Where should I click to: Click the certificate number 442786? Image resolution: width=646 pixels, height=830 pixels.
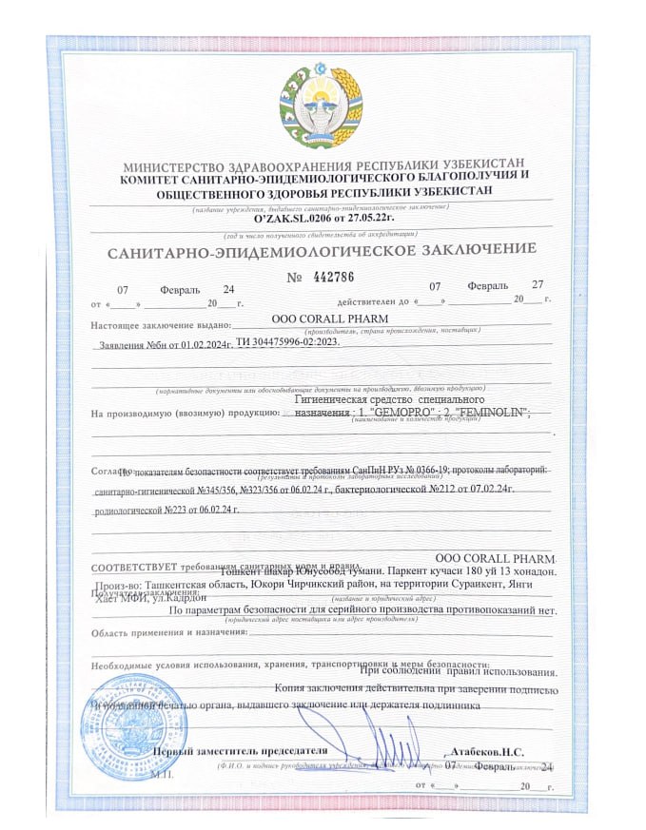pyautogui.click(x=333, y=278)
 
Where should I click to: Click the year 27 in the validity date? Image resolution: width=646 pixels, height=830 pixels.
pyautogui.click(x=537, y=285)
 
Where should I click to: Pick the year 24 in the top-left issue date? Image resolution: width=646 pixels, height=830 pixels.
pyautogui.click(x=227, y=288)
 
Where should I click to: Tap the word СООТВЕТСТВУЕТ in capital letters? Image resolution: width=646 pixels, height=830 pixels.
pyautogui.click(x=134, y=568)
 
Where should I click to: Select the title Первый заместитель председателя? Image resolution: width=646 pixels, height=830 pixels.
pyautogui.click(x=241, y=751)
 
